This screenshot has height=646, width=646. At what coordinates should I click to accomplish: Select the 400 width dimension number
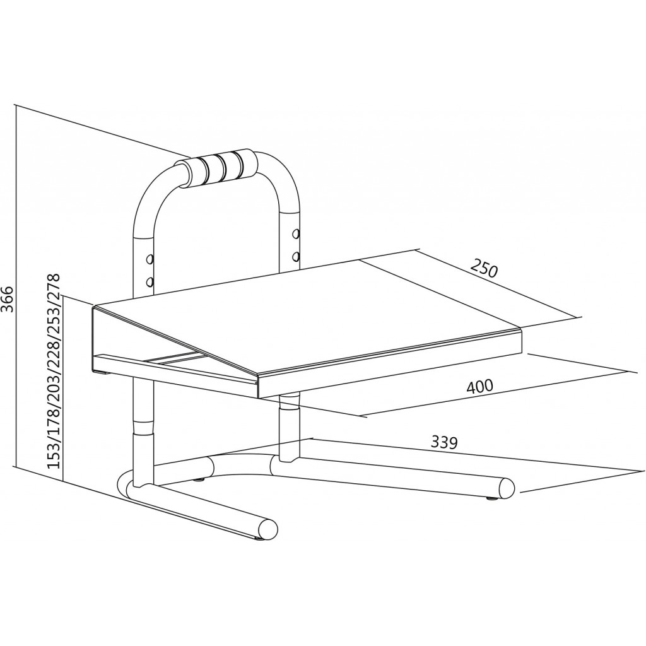pyautogui.click(x=479, y=386)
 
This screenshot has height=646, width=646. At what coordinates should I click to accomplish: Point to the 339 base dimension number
pyautogui.click(x=445, y=443)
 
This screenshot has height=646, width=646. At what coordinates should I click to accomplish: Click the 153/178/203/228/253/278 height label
pyautogui.click(x=54, y=372)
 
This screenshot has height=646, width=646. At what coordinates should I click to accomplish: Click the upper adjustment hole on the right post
pyautogui.click(x=295, y=234)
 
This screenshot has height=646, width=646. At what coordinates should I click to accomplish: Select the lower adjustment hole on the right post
pyautogui.click(x=295, y=257)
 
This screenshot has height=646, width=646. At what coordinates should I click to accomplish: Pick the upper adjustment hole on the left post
pyautogui.click(x=150, y=259)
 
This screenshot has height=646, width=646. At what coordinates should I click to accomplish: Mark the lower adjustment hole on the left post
pyautogui.click(x=150, y=282)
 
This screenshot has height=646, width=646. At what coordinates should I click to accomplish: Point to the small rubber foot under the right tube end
pyautogui.click(x=491, y=498)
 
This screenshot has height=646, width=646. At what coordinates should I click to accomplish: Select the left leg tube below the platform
pyautogui.click(x=143, y=428)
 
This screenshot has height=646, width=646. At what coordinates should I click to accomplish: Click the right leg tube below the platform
pyautogui.click(x=289, y=426)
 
